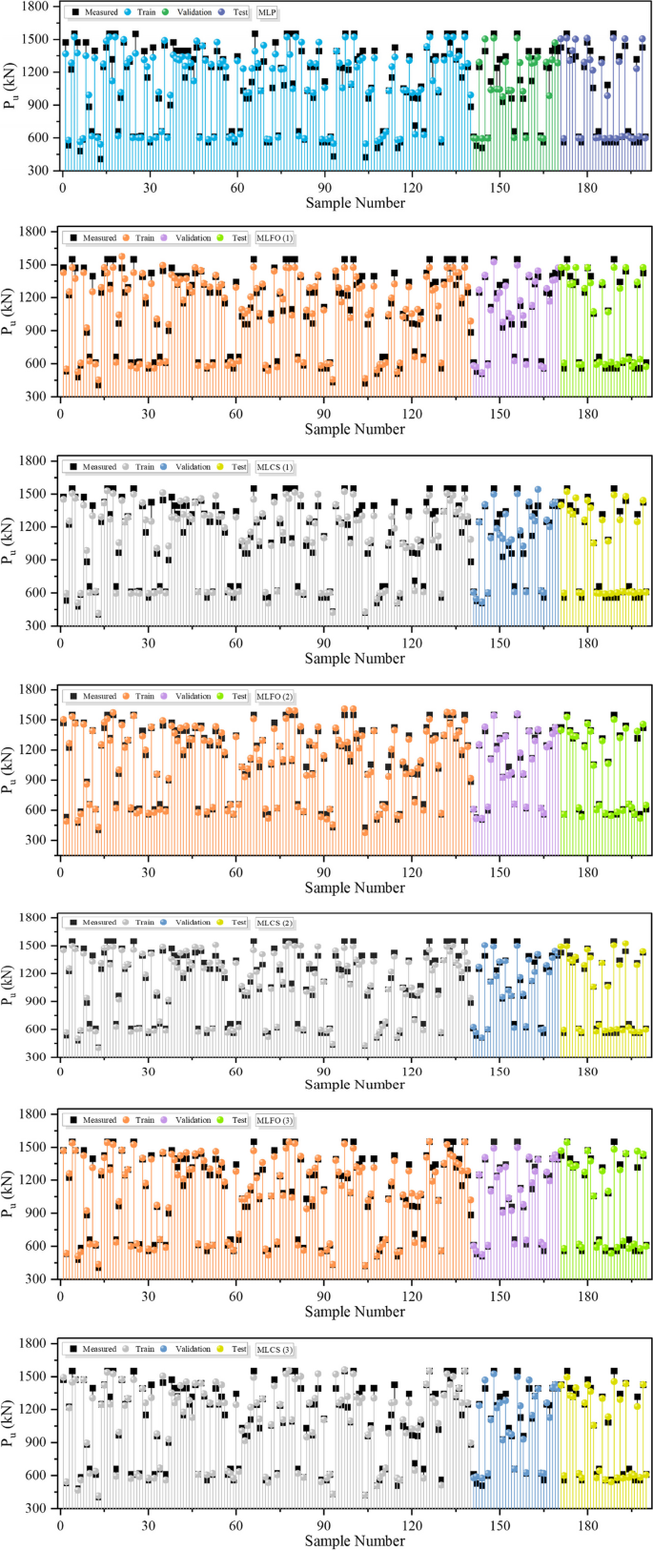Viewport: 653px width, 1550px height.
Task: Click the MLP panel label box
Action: click(x=268, y=12)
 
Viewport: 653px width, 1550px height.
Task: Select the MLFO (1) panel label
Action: click(x=275, y=238)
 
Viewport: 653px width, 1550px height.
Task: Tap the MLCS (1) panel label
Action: click(x=275, y=467)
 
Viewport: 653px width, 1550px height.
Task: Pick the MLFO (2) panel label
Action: click(x=275, y=696)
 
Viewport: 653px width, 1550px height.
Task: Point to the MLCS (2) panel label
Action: click(x=275, y=923)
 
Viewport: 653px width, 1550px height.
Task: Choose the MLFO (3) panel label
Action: click(x=275, y=1120)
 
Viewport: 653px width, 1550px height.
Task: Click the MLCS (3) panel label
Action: click(x=275, y=1349)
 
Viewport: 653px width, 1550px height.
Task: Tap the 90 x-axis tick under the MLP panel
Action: click(x=325, y=187)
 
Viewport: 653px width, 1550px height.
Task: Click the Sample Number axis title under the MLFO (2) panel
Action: click(x=355, y=887)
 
